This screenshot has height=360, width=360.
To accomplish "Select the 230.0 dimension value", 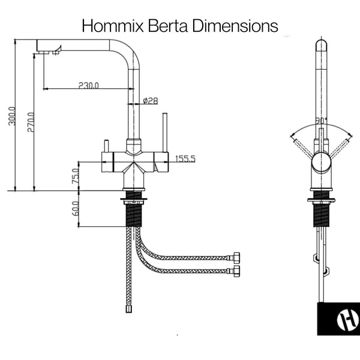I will [x=88, y=85].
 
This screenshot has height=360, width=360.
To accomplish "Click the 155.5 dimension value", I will [x=185, y=159].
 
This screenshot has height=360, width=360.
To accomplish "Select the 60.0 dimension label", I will [x=76, y=208].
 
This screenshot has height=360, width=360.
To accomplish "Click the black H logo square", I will [x=338, y=319].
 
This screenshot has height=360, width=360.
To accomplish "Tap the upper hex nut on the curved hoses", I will [x=236, y=257].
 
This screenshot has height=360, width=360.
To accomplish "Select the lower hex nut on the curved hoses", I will [x=236, y=271].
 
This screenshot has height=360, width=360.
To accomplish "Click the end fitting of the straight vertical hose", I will [x=128, y=309].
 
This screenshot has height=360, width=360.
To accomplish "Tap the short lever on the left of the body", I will [x=106, y=146].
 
